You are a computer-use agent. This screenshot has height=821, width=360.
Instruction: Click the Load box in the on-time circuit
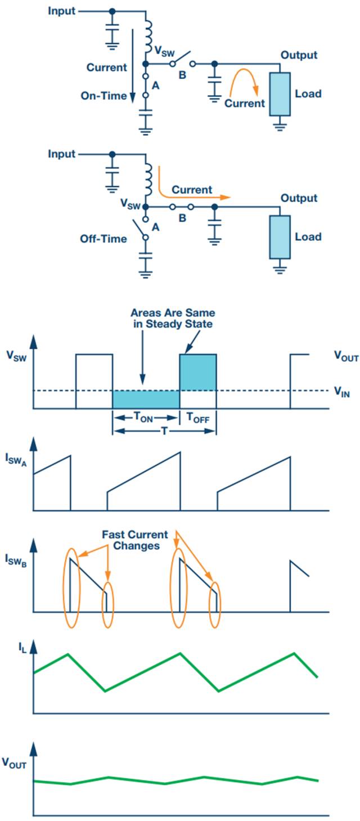tap(279, 93)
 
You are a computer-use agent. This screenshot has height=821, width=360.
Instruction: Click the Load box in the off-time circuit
tap(279, 236)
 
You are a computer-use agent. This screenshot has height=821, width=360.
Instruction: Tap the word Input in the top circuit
tap(61, 11)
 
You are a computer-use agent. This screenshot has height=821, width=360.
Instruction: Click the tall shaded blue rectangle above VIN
tap(197, 372)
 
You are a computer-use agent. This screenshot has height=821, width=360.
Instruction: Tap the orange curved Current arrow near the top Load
tap(247, 79)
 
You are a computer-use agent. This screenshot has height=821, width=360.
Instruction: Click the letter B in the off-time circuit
tap(182, 217)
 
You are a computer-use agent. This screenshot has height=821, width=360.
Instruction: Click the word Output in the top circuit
tap(299, 55)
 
